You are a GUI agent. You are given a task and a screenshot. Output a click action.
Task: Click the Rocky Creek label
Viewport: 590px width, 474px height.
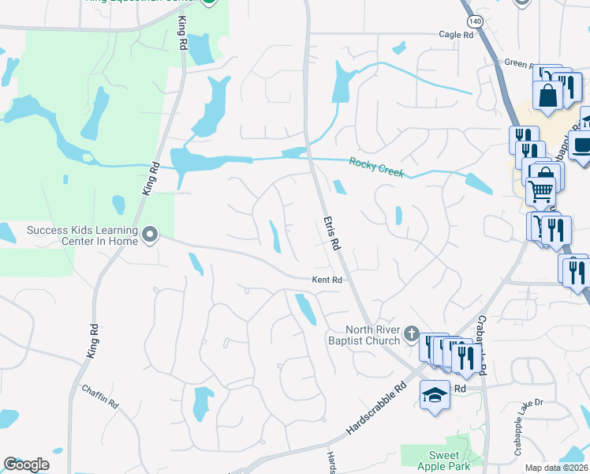point(376,167)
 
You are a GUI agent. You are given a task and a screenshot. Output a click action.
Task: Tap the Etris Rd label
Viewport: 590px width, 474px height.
point(331,235)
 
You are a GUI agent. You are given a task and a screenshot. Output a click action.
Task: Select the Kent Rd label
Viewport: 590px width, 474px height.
point(327,280)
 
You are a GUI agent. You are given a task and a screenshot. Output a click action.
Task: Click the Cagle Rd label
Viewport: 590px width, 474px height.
point(457,35)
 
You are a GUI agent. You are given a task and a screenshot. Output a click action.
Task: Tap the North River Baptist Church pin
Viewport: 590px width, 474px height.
point(410,334)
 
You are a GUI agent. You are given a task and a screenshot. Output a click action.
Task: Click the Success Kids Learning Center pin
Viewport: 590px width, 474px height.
point(150,235)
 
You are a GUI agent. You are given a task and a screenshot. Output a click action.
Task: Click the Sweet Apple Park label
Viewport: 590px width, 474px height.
point(443,461)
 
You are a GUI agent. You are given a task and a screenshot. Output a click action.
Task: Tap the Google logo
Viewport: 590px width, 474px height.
point(26,465)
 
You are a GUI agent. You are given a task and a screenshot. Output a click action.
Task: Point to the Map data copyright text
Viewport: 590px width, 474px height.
point(557,468)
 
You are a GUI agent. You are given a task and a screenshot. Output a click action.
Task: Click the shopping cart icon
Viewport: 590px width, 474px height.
point(540,190)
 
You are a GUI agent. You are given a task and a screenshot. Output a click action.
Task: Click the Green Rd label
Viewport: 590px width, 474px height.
point(520,63)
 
